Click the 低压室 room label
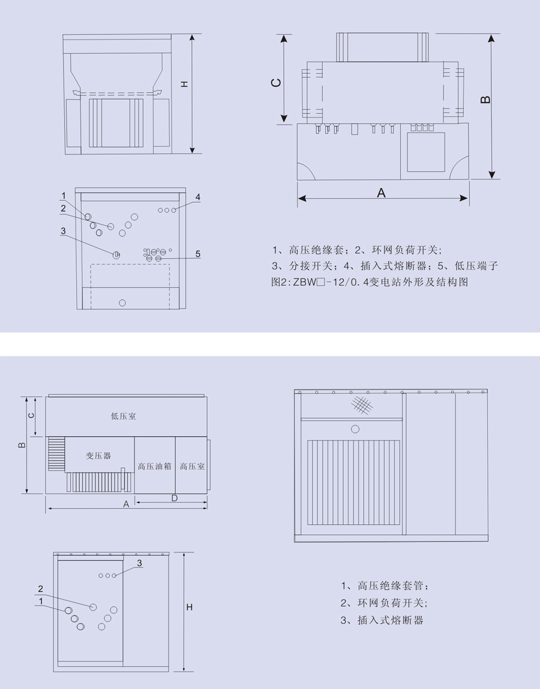tap(124, 416)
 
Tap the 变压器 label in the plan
tap(98, 456)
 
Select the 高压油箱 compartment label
tap(154, 466)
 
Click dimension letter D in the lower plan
tap(175, 498)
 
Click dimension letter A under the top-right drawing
tap(381, 193)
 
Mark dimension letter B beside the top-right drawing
tap(486, 99)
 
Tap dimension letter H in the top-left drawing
tap(184, 84)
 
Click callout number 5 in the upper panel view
tap(197, 255)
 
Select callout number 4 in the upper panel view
tap(197, 197)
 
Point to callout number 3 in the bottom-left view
tap(139, 563)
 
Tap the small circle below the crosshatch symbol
tap(355, 429)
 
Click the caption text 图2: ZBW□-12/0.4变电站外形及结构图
tap(370, 282)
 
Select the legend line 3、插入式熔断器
tap(382, 620)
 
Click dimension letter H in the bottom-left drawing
tap(189, 608)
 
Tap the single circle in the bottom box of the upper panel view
tap(122, 303)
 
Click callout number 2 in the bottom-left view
tap(41, 588)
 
